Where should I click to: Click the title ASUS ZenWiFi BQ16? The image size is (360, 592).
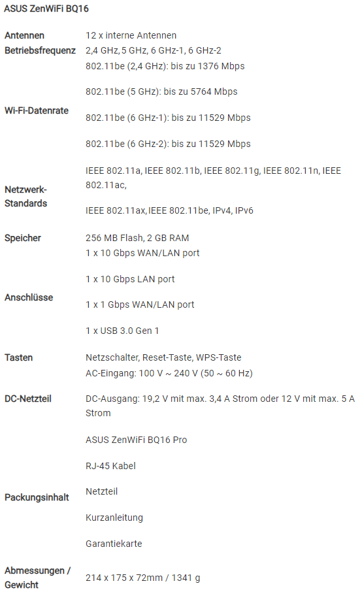click(x=46, y=8)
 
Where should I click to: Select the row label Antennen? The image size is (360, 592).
click(x=25, y=35)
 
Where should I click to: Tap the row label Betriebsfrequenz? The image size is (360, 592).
click(x=40, y=50)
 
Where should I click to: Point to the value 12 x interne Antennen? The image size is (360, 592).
click(x=131, y=35)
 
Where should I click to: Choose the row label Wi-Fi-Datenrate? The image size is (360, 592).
click(x=37, y=110)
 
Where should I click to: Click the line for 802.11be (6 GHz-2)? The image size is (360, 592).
click(x=168, y=144)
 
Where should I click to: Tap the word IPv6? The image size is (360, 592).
click(x=244, y=210)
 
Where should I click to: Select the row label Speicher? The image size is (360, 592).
click(x=23, y=238)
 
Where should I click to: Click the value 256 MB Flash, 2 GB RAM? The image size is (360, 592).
click(x=137, y=238)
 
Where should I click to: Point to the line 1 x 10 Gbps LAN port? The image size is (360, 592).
click(x=130, y=280)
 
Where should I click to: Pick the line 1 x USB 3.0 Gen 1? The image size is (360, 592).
click(x=122, y=331)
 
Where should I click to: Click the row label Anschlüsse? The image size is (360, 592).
click(x=29, y=297)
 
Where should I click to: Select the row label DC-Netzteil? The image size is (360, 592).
click(x=28, y=399)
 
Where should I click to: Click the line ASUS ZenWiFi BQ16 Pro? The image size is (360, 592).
click(x=137, y=440)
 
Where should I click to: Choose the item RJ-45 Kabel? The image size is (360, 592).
click(x=110, y=466)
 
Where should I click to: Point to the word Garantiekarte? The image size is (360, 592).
click(x=114, y=544)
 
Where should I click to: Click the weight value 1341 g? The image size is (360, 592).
click(x=186, y=578)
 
